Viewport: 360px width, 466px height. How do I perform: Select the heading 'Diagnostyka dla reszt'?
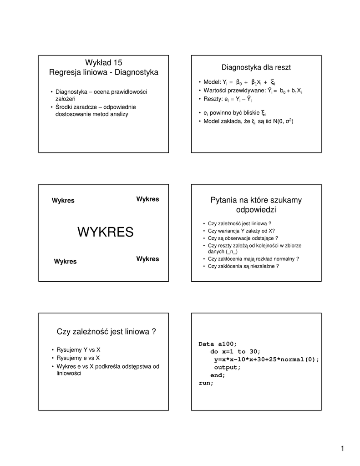pos(256,67)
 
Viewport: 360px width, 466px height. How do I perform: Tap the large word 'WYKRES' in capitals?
pos(105,232)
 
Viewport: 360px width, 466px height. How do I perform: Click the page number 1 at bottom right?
pos(342,449)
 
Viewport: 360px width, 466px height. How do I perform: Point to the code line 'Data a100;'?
pos(218,344)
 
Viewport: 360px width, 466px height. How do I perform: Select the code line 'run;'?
pos(206,383)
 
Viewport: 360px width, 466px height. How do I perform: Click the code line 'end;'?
pos(218,375)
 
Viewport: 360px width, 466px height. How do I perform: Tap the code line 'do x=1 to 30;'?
pos(235,351)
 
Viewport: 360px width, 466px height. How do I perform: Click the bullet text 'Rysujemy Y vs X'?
pos(78,349)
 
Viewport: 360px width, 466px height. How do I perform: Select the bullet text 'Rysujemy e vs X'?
pos(78,358)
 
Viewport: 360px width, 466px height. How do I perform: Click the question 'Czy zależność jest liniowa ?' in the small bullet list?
pos(239,223)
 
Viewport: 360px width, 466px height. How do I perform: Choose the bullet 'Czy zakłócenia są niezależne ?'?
pos(243,266)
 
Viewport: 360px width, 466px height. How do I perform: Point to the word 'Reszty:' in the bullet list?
pos(213,99)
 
